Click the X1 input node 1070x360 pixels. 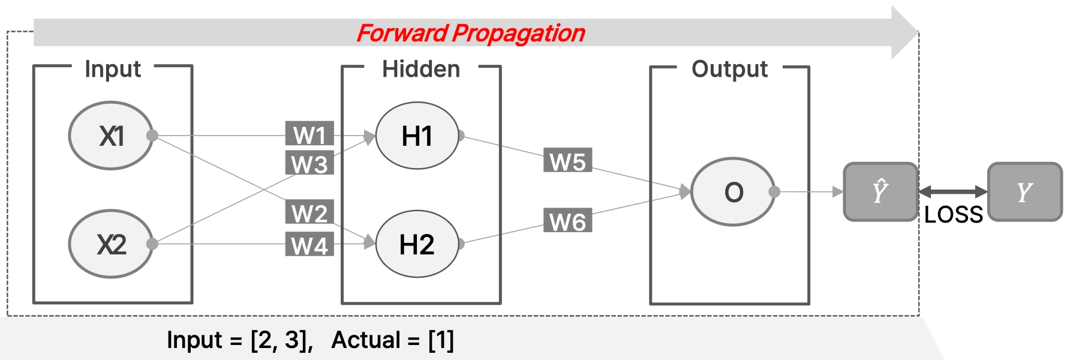tap(111, 136)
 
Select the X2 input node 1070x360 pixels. tap(111, 244)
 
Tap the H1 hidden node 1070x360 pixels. tap(417, 136)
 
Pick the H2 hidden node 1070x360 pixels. tap(417, 244)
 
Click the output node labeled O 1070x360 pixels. tap(733, 192)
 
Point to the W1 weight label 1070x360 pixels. tap(309, 134)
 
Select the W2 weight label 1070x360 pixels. tap(309, 212)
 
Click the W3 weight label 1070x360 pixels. tap(309, 163)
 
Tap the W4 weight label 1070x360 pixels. tap(309, 245)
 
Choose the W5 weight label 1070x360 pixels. tap(567, 161)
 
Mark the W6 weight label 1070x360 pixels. tap(567, 221)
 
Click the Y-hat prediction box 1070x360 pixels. tap(881, 192)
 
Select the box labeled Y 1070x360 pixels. tap(1025, 192)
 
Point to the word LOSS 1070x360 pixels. tap(954, 215)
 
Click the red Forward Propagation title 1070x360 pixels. tap(471, 34)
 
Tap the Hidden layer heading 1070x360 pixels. tap(421, 69)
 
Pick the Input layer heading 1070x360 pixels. tap(113, 70)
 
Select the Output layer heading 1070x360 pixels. tap(730, 70)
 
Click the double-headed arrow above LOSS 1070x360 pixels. tap(953, 192)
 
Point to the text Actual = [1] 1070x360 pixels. tap(393, 340)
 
